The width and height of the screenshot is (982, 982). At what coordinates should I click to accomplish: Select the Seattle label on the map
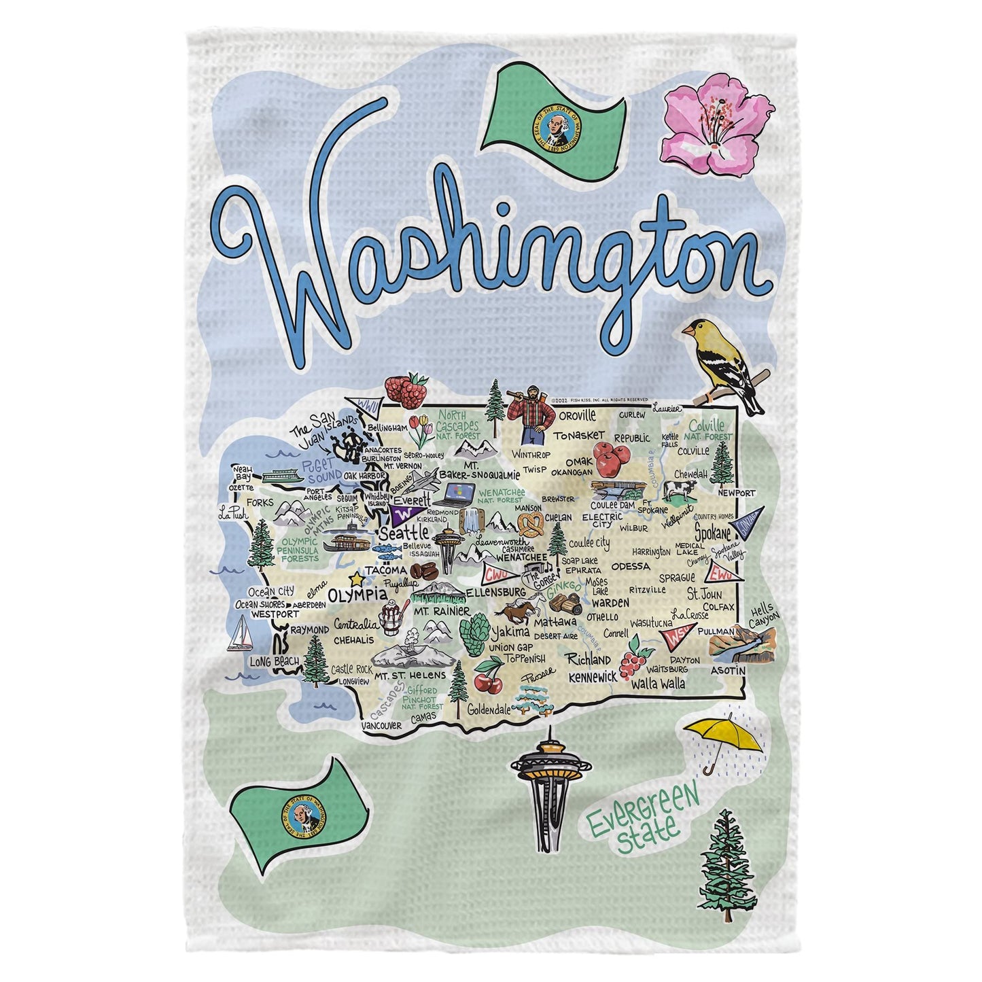click(x=403, y=531)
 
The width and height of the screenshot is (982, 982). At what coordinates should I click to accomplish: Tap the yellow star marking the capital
click(x=355, y=580)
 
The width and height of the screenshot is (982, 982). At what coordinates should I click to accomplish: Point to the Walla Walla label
click(x=658, y=684)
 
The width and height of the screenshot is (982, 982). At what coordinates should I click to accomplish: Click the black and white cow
click(x=680, y=489)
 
